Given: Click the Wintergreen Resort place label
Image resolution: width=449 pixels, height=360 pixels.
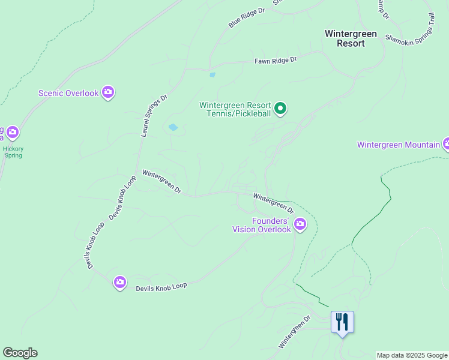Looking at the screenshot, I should [351, 38].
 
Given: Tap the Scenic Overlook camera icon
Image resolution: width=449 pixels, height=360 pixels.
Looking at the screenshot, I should [108, 92].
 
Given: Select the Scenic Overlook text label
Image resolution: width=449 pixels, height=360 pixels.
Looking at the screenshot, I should [68, 93].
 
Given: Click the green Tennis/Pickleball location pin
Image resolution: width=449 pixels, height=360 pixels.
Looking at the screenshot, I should [280, 109].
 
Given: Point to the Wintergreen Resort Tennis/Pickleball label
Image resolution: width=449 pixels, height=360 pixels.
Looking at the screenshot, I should [235, 109].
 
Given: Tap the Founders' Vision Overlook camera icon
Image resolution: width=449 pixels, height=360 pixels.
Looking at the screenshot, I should [300, 225].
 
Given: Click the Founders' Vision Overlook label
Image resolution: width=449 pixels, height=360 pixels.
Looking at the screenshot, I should [262, 225].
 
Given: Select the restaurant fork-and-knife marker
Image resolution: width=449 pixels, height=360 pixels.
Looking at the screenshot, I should [342, 322].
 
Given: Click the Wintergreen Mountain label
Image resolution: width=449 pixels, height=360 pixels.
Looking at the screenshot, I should [399, 145].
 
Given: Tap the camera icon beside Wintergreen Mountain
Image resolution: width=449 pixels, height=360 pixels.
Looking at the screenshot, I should [446, 144].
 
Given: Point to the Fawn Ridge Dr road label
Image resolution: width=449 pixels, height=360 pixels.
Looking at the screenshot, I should [276, 61].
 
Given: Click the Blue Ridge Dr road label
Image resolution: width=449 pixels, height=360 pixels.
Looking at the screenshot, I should [246, 18].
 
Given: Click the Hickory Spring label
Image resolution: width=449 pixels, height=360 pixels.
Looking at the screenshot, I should [12, 152].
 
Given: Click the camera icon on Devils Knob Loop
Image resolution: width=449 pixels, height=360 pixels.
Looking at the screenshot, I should [120, 282].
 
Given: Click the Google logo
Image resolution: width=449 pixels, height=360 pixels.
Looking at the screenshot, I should [20, 353].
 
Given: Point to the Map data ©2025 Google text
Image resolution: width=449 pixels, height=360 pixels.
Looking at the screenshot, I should [412, 355].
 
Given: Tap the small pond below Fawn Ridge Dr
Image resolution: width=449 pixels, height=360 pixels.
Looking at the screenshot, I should [212, 75].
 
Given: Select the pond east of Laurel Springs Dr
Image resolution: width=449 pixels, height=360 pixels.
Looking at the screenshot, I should [173, 127].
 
